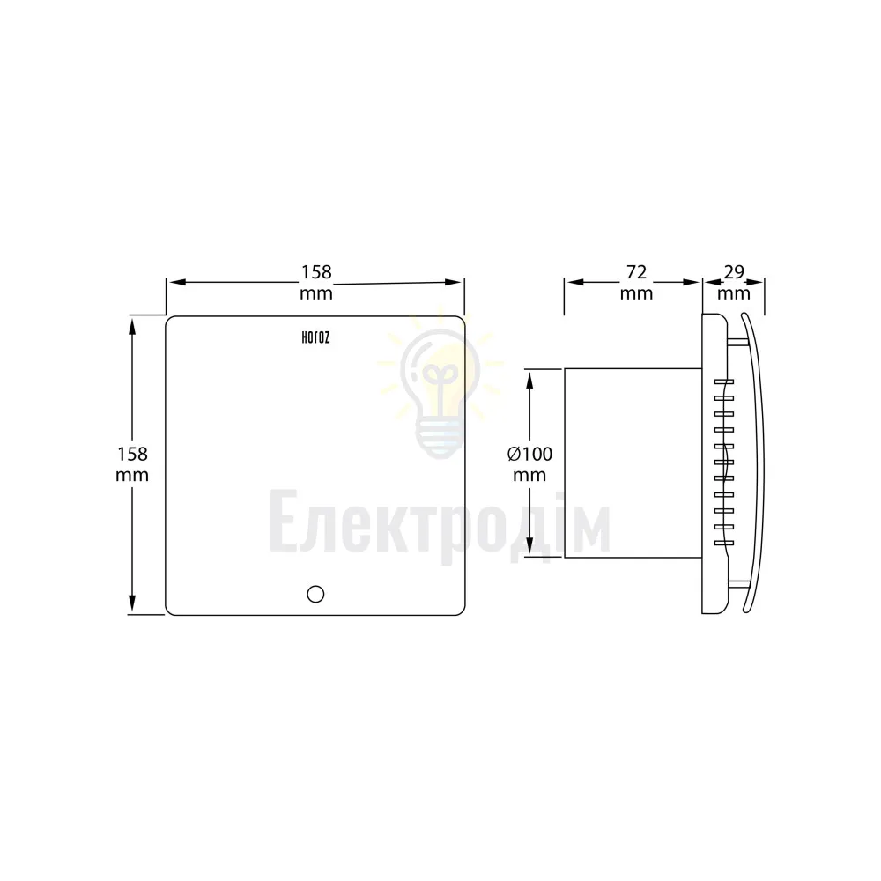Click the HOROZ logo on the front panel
[x=315, y=337]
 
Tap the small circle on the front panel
[x=315, y=594]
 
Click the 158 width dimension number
[x=316, y=272]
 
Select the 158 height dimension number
[x=132, y=454]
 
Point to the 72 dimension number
[x=636, y=272]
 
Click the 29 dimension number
[x=734, y=272]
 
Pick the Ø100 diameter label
[x=529, y=454]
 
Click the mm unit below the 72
[x=636, y=293]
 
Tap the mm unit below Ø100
[x=529, y=476]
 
